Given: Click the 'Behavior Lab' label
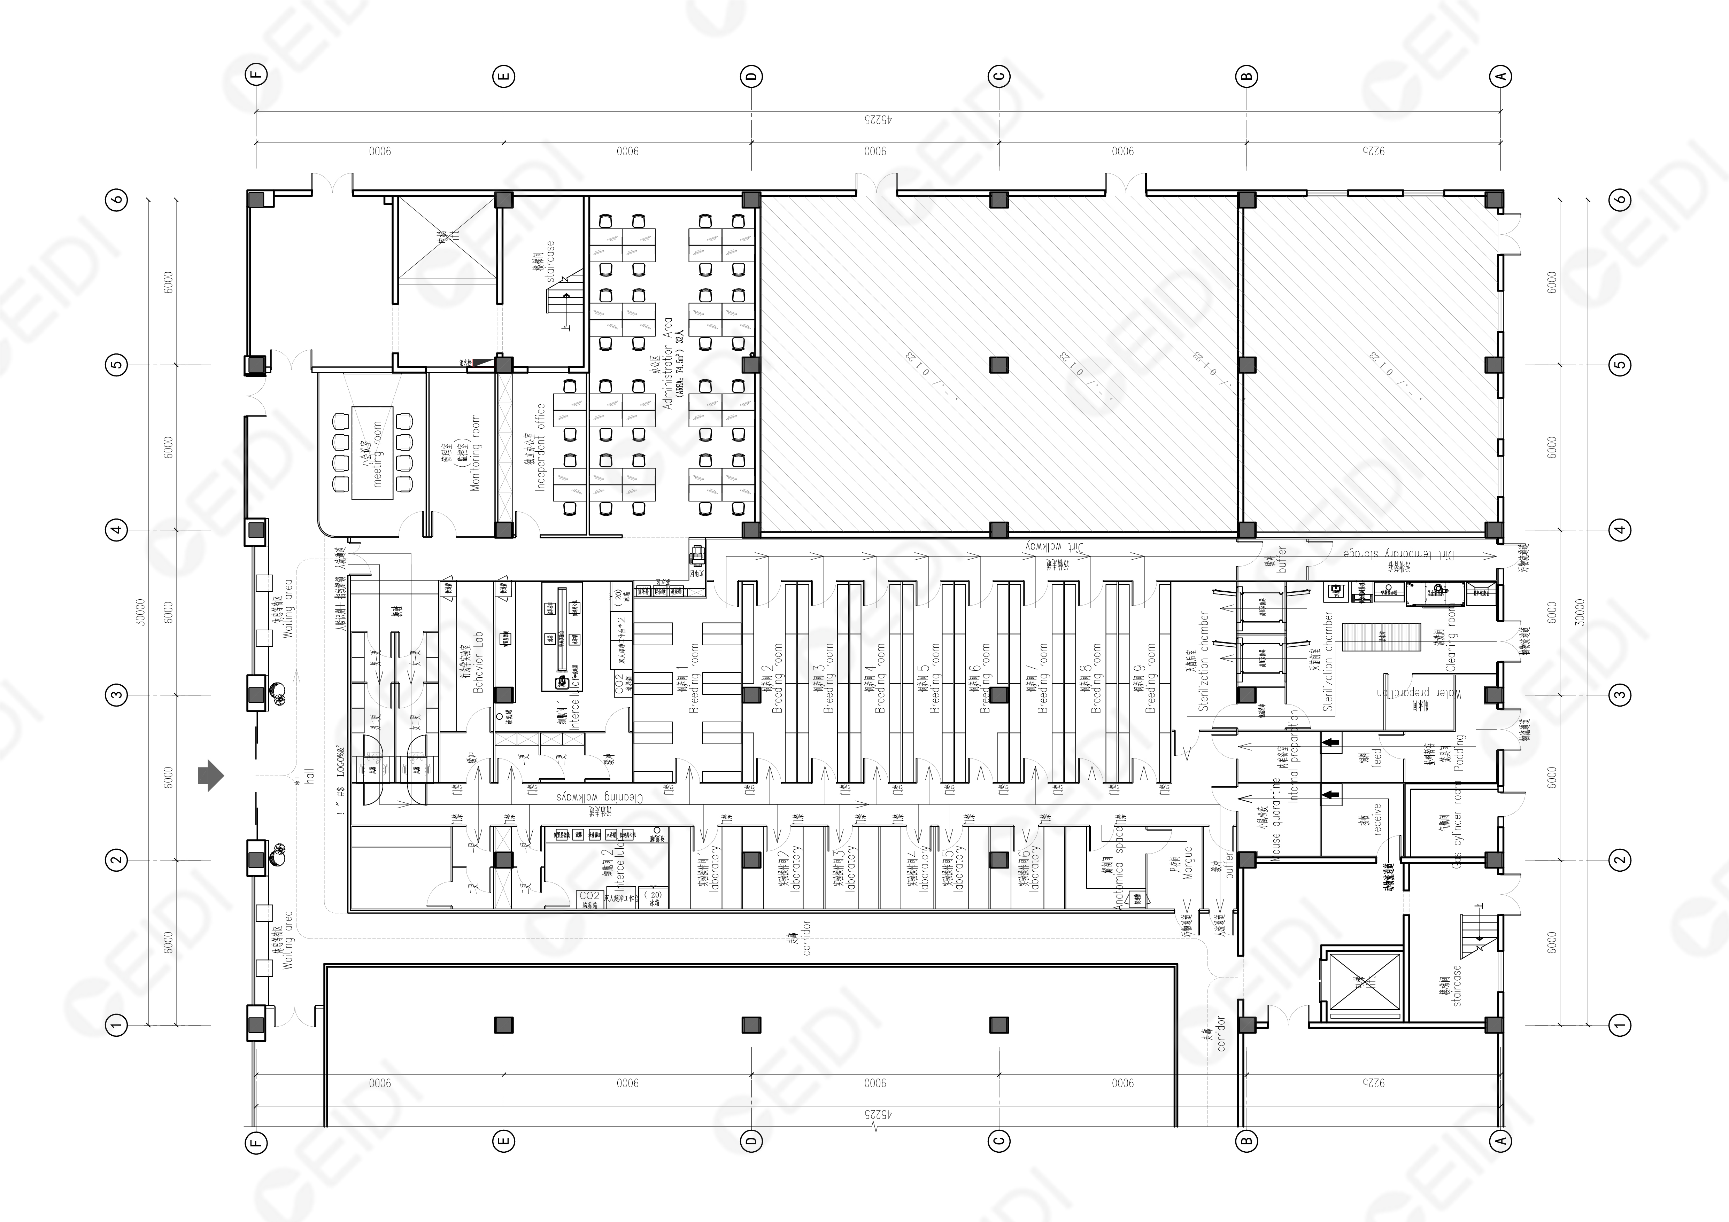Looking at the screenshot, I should click(477, 663).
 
